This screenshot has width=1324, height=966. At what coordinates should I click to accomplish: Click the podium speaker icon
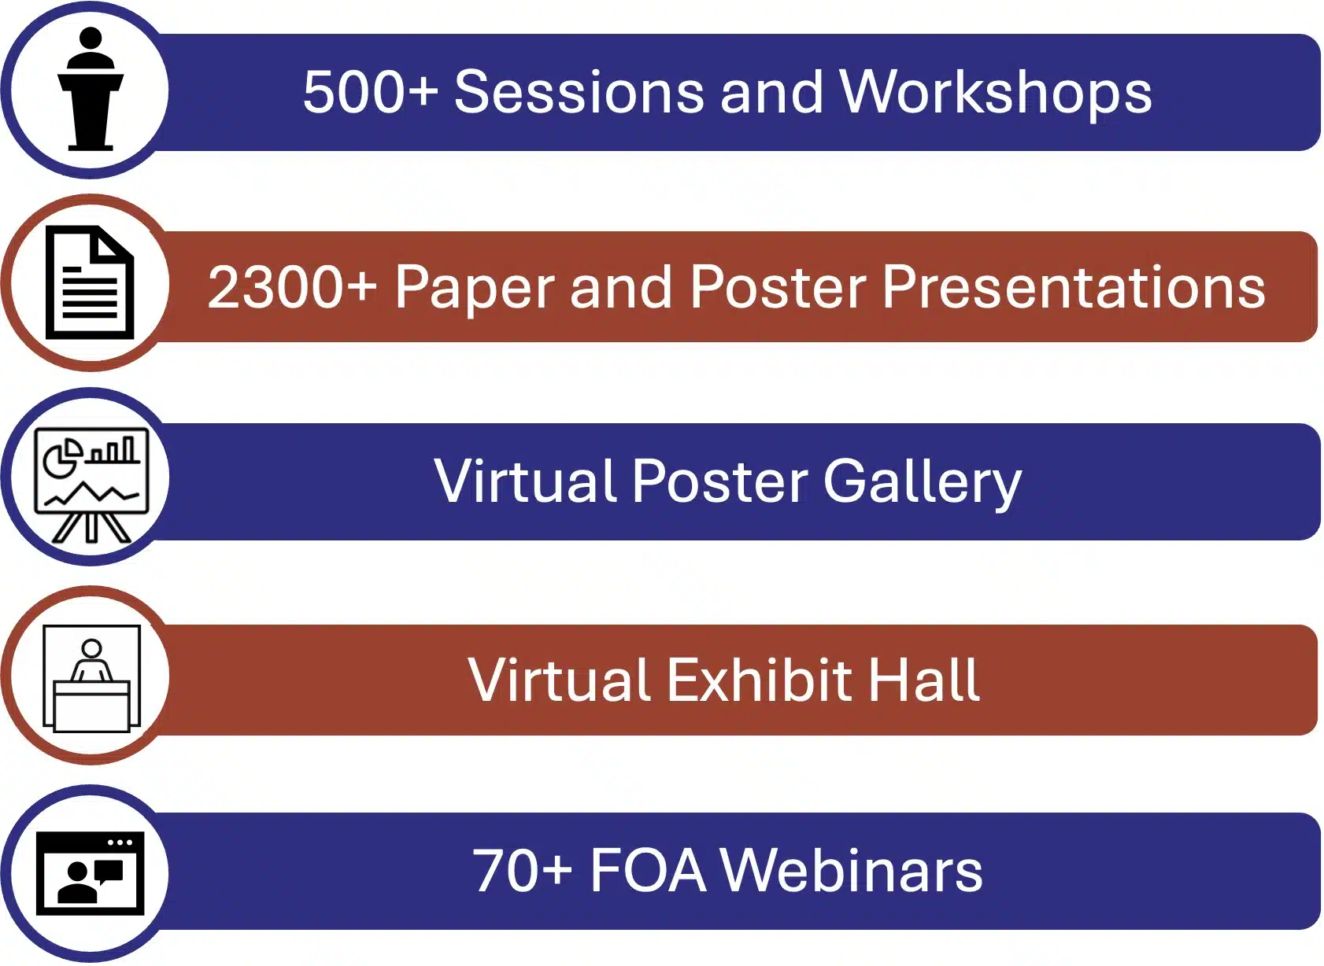(91, 89)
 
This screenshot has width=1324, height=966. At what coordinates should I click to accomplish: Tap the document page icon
(90, 282)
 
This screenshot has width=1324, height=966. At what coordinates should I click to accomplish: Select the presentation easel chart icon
(91, 485)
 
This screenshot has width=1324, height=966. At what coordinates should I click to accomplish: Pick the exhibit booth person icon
(91, 679)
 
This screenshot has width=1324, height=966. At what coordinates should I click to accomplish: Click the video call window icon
(90, 873)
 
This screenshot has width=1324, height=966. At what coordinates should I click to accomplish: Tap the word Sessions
(579, 91)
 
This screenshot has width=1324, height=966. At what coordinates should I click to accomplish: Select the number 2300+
(293, 286)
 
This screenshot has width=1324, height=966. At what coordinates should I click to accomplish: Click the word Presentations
(1074, 286)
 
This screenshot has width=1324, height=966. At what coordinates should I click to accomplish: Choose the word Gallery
(922, 482)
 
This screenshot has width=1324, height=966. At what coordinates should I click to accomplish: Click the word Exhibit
(760, 680)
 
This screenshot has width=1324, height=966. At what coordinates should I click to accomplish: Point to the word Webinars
(852, 871)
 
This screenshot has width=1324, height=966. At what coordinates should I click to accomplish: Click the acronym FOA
(648, 871)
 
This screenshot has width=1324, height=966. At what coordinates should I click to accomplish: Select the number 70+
(523, 871)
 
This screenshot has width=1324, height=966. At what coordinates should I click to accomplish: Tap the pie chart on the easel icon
(63, 457)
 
